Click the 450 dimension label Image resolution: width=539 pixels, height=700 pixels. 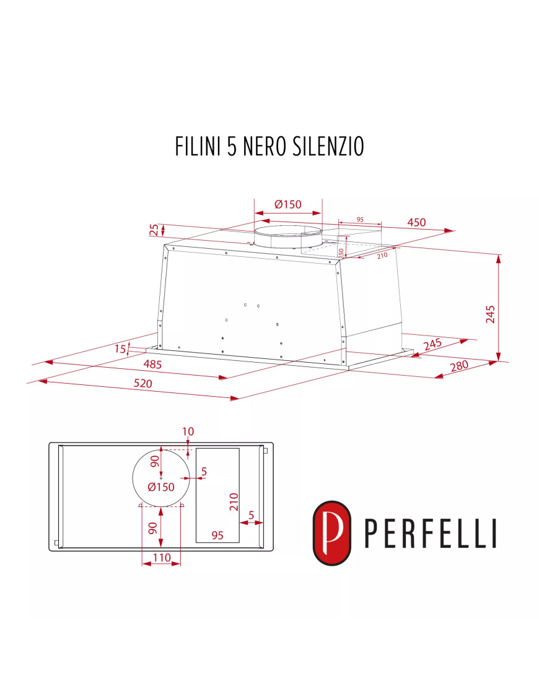click(x=416, y=223)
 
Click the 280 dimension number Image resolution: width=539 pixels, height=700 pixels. click(x=459, y=366)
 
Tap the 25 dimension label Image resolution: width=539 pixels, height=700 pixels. click(x=154, y=230)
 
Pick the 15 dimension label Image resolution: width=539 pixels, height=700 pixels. click(x=120, y=350)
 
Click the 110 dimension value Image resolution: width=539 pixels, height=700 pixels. click(x=161, y=558)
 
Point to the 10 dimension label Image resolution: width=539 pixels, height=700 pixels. click(x=188, y=431)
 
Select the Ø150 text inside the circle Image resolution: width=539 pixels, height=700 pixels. click(x=161, y=487)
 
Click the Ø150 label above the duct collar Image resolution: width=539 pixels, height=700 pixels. click(x=287, y=204)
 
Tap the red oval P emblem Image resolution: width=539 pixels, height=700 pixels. click(x=331, y=532)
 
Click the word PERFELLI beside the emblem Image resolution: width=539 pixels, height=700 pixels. click(x=430, y=534)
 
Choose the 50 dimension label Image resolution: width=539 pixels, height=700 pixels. click(x=341, y=252)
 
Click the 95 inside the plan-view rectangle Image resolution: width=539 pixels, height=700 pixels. click(x=217, y=535)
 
